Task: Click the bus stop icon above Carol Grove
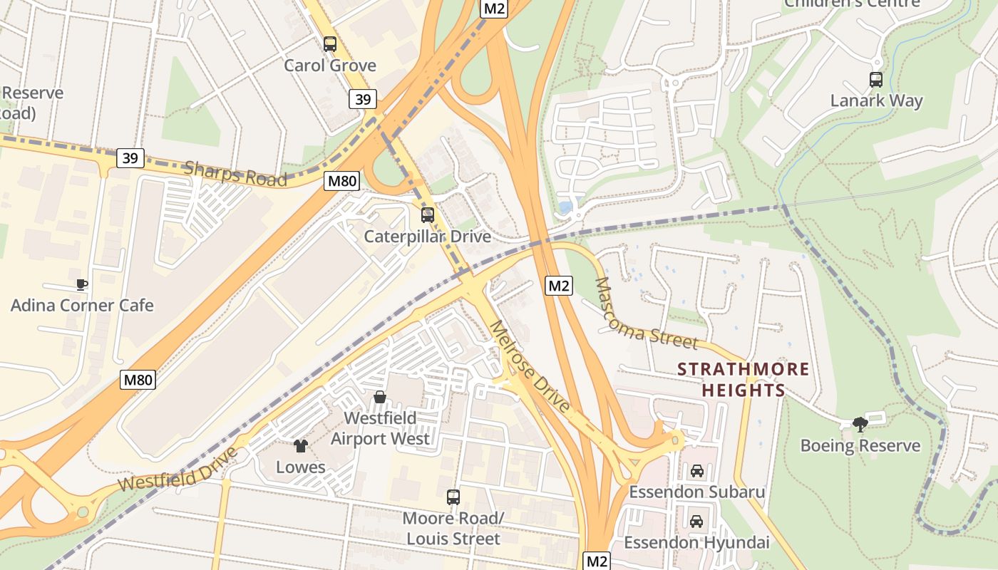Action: pos(329,44)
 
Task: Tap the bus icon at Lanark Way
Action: pos(876,80)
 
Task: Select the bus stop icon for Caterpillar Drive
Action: pos(428,214)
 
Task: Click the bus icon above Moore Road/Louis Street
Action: pos(453,497)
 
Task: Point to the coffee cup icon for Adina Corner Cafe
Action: pos(82,285)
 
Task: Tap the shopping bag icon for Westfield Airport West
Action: pos(380,397)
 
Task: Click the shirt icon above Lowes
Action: pos(301,446)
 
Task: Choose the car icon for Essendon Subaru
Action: pos(696,471)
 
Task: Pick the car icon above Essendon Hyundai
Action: pos(696,522)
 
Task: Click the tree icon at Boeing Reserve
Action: pos(860,425)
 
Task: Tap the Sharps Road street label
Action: pos(235,173)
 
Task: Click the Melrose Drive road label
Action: pos(531,366)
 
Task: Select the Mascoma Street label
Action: pos(645,314)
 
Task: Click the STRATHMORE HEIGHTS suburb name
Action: pos(744,380)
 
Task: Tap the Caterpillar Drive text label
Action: pos(428,237)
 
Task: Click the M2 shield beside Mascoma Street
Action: pos(559,286)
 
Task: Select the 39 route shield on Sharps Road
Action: pos(130,157)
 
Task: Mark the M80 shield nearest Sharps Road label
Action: pos(341,181)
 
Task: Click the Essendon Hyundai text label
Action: pos(696,543)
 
